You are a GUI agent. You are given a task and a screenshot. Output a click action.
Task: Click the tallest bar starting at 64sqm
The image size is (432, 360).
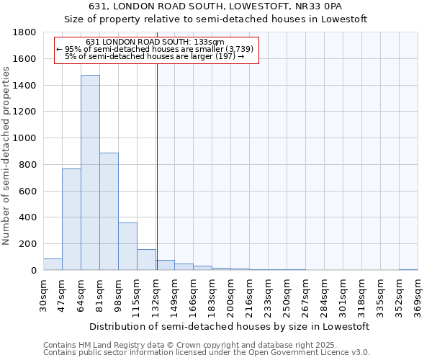click(90, 173)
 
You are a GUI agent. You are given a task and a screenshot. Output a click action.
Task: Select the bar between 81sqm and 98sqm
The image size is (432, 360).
click(109, 212)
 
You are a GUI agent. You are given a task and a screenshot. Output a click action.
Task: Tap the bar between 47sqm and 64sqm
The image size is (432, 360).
click(71, 220)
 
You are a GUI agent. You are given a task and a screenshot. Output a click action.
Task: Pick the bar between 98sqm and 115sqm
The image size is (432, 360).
click(127, 246)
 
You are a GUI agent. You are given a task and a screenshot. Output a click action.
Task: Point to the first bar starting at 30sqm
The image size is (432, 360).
click(53, 264)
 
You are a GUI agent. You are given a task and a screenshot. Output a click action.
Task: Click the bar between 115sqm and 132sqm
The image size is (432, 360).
click(146, 260)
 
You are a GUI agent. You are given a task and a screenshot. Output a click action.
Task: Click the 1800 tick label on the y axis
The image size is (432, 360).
click(26, 32)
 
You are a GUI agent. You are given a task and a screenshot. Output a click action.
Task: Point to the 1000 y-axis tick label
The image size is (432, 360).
click(26, 138)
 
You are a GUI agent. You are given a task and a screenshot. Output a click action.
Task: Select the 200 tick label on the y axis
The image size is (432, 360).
click(29, 244)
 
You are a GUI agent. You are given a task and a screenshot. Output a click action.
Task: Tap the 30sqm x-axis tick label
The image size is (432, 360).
click(43, 294)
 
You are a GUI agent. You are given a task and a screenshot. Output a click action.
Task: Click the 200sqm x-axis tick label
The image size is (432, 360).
click(230, 297)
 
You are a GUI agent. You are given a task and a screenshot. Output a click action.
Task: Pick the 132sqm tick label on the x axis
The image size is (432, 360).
click(156, 297)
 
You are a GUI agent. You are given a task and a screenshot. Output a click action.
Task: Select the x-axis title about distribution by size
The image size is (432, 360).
click(230, 326)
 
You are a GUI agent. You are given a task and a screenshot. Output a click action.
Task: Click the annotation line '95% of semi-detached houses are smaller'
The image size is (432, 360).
click(156, 49)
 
